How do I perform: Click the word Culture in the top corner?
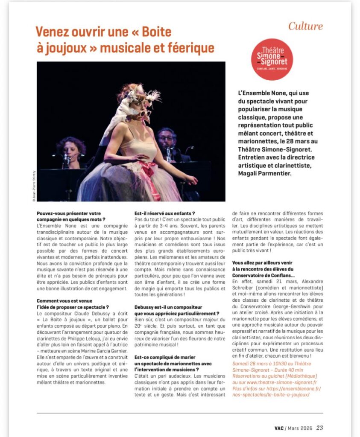click(305, 26)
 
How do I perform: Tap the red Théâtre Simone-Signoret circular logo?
click(272, 59)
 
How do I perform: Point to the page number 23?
click(320, 427)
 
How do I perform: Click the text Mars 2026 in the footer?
click(300, 428)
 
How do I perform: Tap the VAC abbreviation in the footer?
click(279, 428)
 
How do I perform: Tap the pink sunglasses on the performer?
click(144, 113)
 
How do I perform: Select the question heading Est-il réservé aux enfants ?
click(164, 213)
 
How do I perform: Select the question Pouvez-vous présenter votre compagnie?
click(71, 216)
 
